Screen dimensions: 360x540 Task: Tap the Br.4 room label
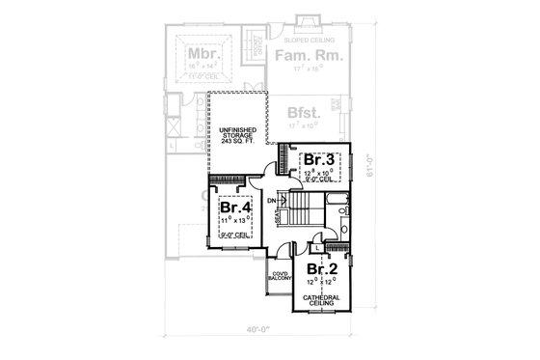click(235, 208)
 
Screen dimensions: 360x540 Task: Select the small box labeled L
click(316, 248)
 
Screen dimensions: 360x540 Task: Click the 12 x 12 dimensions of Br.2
click(321, 282)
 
